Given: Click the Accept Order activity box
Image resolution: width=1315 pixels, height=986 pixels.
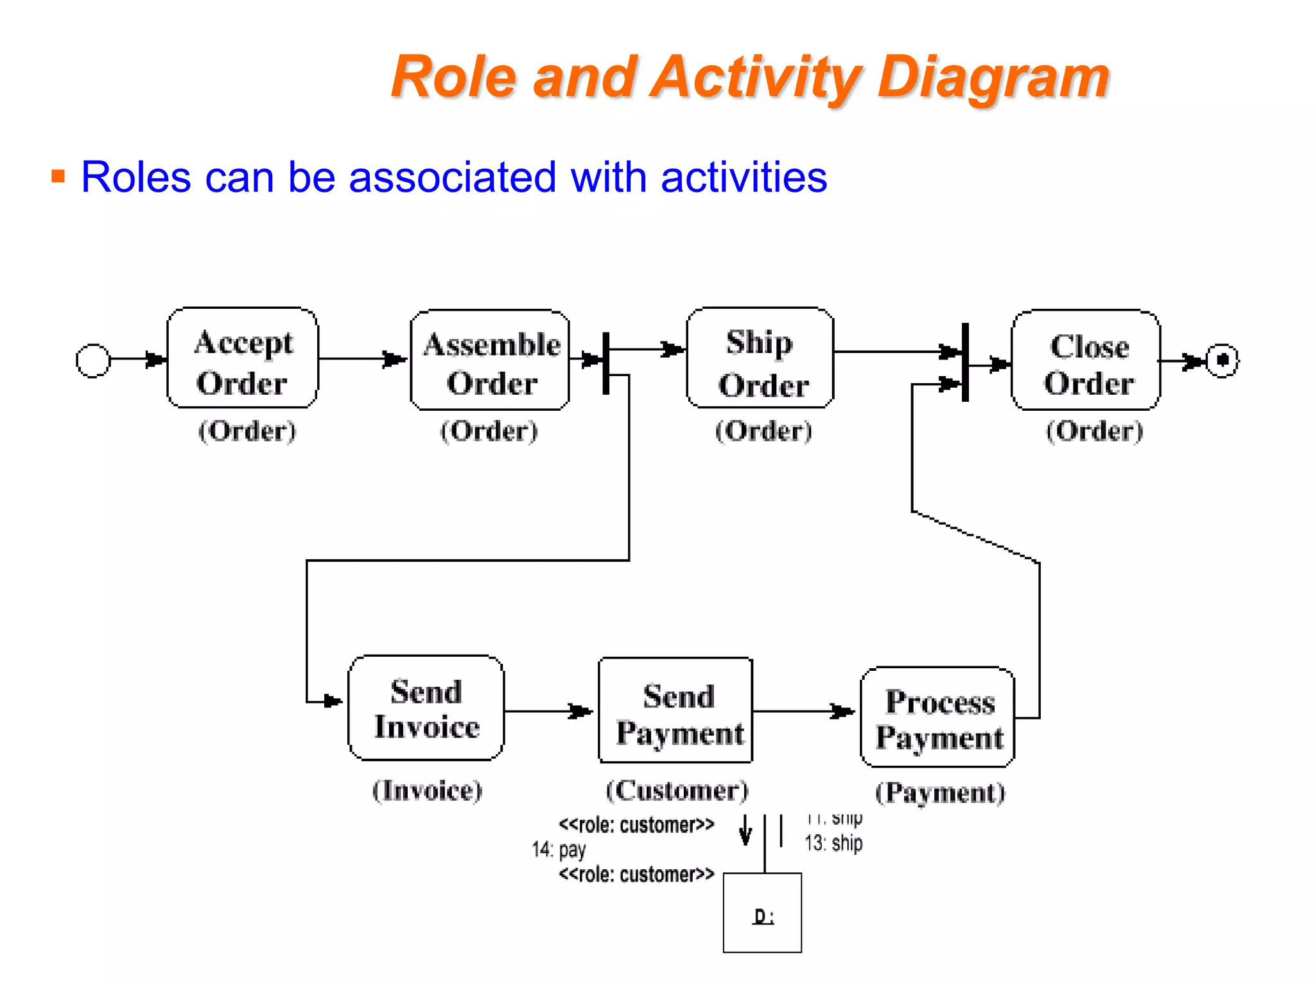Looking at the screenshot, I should point(243,358).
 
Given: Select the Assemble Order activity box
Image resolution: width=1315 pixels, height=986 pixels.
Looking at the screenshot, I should point(490,360).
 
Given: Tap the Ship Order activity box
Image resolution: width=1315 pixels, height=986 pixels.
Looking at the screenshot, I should point(760,358).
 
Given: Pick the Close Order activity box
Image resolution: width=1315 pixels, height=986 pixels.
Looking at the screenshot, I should point(1086,360).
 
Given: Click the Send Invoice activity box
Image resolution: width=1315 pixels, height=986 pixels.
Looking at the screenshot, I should point(426,708).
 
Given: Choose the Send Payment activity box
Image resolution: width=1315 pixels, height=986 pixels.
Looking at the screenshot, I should point(675,711).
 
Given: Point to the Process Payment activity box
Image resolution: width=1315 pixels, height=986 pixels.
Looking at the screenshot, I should point(938,717).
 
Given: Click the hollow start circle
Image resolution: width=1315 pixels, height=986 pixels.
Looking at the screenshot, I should point(93,361).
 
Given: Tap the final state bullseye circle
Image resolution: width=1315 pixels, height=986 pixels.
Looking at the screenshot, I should point(1222,360).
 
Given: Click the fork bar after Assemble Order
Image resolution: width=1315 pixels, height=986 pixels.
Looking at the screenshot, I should point(605,363).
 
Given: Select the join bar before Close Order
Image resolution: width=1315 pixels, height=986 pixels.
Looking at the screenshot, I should point(965,363).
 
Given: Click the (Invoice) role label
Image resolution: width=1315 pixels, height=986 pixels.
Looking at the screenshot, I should point(427,790).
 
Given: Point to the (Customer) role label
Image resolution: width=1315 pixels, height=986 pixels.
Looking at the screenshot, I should point(677,790).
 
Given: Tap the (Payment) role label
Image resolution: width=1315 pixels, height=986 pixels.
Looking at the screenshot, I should point(940,793).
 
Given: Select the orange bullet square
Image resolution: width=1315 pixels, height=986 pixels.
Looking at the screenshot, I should point(58,176).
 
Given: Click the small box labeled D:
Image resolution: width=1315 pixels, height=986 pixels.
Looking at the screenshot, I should point(762,912).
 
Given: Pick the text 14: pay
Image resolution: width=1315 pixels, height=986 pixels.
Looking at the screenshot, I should point(559,849).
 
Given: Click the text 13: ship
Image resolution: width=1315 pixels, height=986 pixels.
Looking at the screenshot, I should point(833,843).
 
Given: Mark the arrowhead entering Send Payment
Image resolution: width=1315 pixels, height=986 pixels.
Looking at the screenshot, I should point(581,711).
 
